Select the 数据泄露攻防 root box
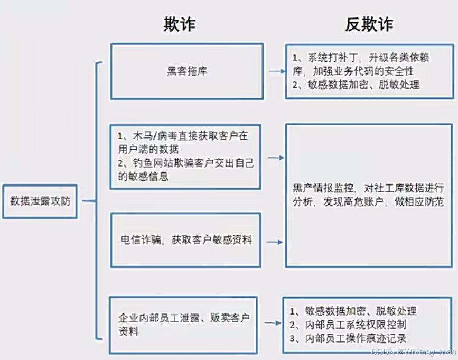40,201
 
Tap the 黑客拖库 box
186,71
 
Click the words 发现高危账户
345,202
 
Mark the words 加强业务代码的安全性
363,71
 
